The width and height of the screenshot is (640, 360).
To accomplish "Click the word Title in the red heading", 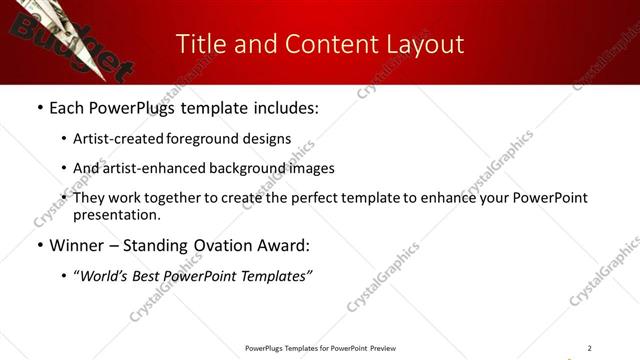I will point(200,44).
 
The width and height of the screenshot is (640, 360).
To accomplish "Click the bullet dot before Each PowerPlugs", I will point(39,108).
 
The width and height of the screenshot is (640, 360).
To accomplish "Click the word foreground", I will point(197,139).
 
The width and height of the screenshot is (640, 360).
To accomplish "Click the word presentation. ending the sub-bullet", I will point(116,215).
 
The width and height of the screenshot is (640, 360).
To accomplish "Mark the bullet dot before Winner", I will point(39,245).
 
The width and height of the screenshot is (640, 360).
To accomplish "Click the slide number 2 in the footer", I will point(589,348).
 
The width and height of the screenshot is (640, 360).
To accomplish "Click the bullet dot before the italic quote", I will point(65,275).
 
